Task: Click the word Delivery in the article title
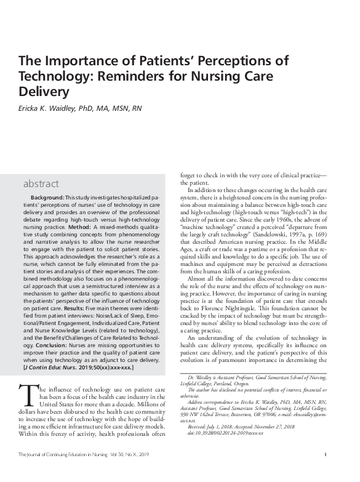(x=42, y=92)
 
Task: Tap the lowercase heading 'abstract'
(x=41, y=183)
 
